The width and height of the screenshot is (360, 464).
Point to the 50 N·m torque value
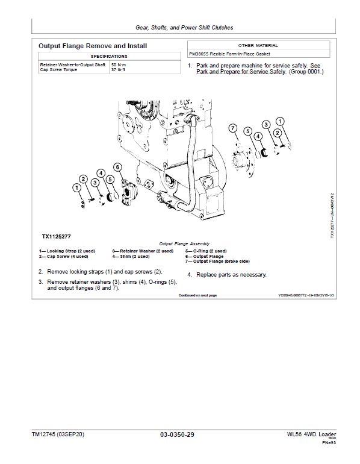[119, 64]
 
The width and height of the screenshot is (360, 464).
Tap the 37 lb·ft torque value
[118, 69]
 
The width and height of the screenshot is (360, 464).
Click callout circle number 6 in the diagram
[118, 167]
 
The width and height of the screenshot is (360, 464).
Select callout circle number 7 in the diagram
[234, 127]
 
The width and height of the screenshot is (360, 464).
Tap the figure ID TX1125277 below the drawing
[57, 237]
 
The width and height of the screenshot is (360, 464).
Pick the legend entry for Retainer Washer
[143, 251]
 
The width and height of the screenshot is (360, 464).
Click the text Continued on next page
[197, 295]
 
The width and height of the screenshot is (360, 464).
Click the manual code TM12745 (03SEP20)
[58, 434]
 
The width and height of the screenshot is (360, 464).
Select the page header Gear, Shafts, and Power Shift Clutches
[184, 27]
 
